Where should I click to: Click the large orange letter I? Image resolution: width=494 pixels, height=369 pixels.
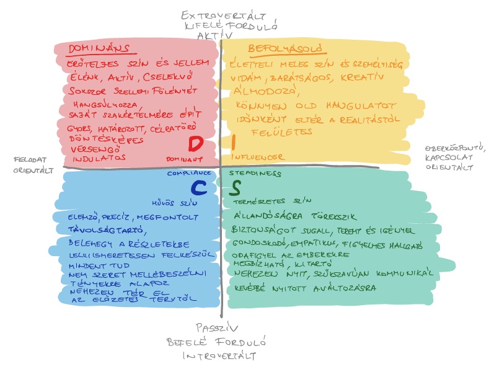(x=233, y=142)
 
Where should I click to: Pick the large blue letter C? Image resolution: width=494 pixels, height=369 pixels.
(x=198, y=187)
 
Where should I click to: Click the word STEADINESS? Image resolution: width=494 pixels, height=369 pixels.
(x=255, y=174)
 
